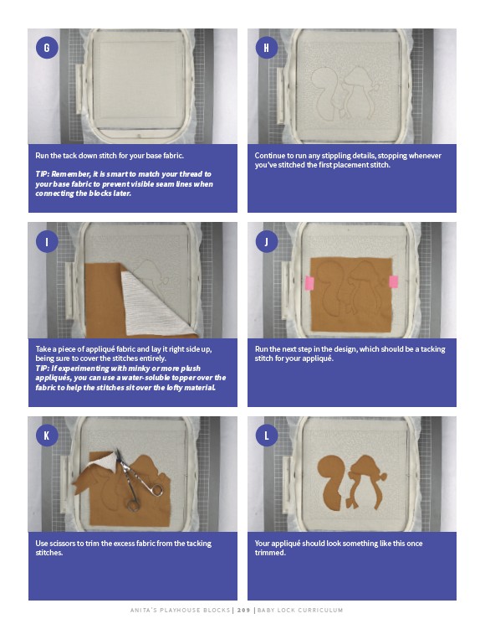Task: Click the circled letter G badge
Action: (x=47, y=48)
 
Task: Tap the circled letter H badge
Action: (x=266, y=48)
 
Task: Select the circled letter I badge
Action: (x=47, y=241)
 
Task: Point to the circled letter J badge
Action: (x=266, y=241)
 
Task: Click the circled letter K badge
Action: (x=47, y=436)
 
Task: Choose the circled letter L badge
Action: (x=266, y=436)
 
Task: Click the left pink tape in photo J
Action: (x=309, y=283)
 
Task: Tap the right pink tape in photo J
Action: (x=394, y=281)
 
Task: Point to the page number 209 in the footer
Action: (x=243, y=610)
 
